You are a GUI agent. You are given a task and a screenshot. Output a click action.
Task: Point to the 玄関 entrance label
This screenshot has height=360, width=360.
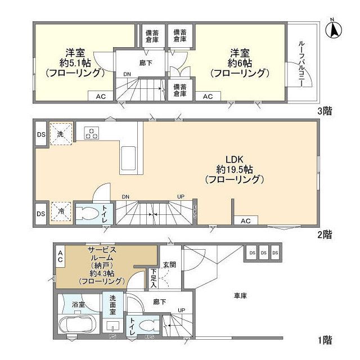pyautogui.click(x=170, y=265)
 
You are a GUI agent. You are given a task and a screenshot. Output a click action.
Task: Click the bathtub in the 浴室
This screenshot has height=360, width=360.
pyautogui.click(x=77, y=326)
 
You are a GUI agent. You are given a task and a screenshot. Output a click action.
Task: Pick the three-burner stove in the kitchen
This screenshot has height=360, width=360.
pyautogui.click(x=92, y=133)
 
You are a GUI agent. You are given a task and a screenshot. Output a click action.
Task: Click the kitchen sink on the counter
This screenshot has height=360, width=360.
pyautogui.click(x=128, y=154)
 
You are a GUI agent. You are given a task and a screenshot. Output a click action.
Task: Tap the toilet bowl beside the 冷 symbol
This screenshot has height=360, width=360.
pyautogui.click(x=87, y=214)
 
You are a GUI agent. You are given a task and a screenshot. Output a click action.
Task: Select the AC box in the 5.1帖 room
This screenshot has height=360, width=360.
pyautogui.click(x=100, y=96)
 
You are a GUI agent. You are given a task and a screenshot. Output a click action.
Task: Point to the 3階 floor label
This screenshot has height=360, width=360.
pyautogui.click(x=323, y=111)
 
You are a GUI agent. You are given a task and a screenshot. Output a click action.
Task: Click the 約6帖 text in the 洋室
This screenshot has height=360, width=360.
pyautogui.click(x=238, y=63)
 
